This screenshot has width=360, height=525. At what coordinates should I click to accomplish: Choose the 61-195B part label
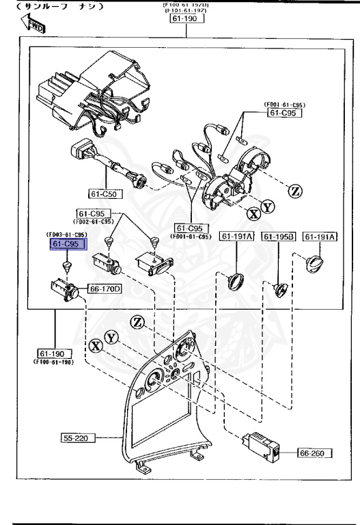(x=278, y=237)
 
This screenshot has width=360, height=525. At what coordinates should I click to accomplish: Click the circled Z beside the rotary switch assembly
(x=295, y=191)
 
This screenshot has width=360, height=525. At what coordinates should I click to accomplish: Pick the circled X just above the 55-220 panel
(x=95, y=345)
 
